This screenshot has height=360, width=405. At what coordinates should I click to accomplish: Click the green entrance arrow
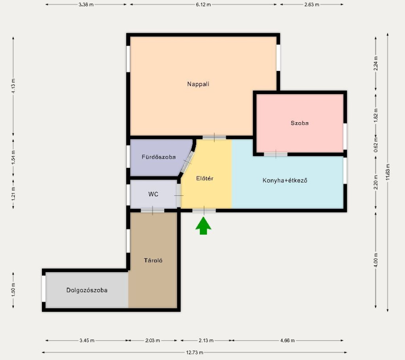point(203,225)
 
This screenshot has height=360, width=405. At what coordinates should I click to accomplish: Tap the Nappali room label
point(198,84)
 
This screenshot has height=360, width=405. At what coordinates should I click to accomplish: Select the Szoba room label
point(300,123)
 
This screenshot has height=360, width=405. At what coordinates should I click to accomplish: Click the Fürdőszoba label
point(159,157)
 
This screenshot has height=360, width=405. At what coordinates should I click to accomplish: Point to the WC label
point(153,194)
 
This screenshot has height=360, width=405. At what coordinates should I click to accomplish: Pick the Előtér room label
point(204,178)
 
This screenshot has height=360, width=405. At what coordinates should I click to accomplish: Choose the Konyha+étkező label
point(285,180)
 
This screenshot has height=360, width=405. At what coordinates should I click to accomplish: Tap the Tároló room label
point(153,260)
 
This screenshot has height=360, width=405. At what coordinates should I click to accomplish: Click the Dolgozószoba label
point(87,290)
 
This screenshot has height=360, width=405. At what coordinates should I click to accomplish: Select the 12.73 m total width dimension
point(195,352)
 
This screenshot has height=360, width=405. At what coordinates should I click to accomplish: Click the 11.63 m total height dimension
point(388,172)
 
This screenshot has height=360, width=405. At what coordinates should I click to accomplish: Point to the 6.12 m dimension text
point(203,4)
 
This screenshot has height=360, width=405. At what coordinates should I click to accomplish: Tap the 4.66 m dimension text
point(288,340)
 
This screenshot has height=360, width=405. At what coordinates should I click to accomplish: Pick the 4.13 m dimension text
point(13,86)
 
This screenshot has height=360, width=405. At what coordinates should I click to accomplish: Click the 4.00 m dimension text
point(376,260)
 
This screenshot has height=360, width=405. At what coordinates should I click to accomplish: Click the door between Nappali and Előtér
point(214,138)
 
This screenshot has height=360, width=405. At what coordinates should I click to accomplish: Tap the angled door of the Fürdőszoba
point(187,163)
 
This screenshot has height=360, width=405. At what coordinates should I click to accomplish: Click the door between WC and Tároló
point(152,210)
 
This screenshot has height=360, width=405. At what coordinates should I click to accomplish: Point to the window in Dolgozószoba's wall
point(44,288)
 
